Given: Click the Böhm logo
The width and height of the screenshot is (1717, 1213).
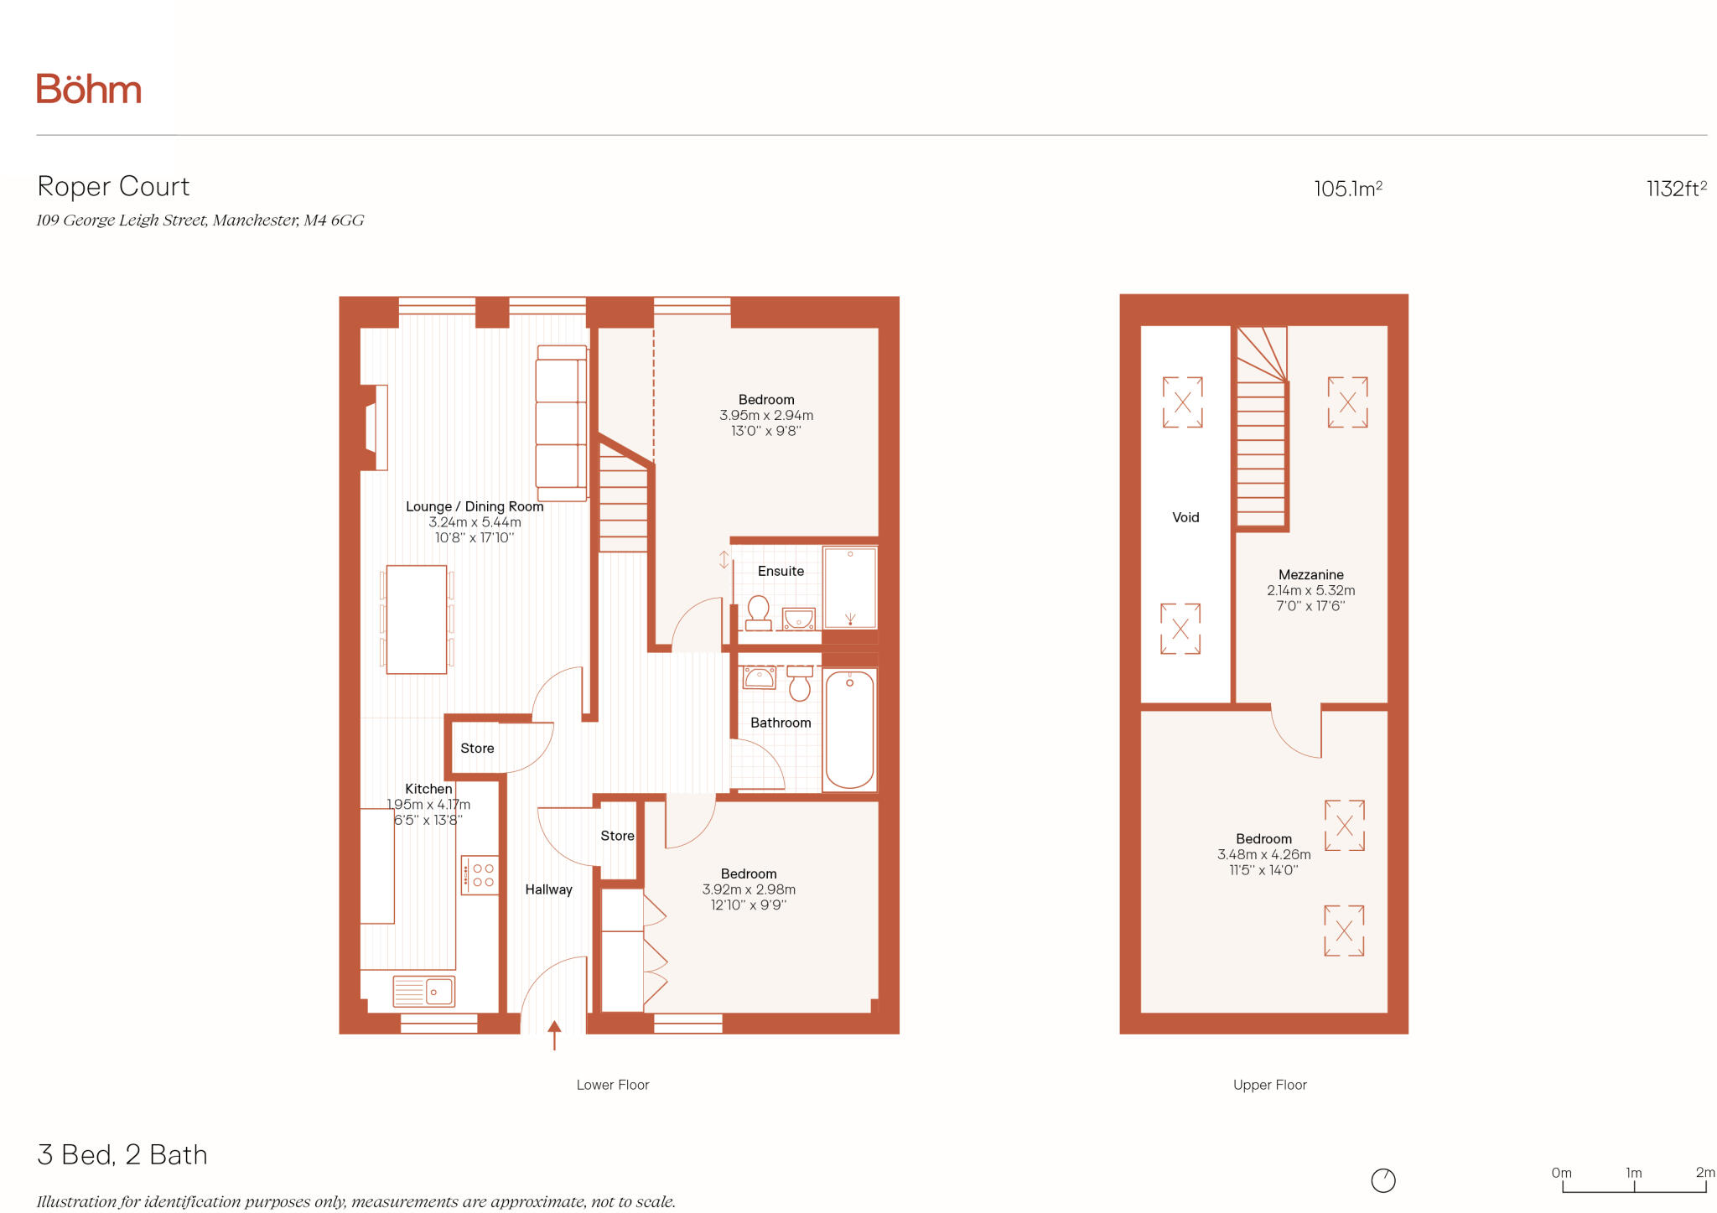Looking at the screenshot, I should (89, 89).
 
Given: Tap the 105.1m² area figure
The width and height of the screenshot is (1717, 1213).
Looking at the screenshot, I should (1347, 189).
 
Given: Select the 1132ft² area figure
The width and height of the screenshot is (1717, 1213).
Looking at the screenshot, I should (1675, 189).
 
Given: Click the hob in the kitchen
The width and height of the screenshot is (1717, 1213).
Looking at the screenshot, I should (480, 874).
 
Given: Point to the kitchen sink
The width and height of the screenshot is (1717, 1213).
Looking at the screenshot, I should (424, 992).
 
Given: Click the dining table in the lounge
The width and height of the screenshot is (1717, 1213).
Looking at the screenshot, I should (416, 619).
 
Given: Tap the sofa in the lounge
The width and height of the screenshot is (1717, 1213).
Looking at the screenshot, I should (560, 423).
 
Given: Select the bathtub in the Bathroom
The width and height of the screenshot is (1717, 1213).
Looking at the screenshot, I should (849, 729).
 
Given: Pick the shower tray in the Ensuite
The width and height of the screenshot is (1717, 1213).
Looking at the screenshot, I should (849, 588).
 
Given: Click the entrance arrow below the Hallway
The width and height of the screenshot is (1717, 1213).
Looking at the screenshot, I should (554, 1034).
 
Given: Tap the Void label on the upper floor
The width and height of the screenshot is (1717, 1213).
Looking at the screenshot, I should (1185, 517).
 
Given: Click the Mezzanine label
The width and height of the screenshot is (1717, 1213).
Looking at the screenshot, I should (1310, 575).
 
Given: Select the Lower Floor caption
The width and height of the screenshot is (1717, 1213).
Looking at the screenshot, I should (612, 1085).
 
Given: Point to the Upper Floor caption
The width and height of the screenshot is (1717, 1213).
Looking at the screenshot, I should (1269, 1085).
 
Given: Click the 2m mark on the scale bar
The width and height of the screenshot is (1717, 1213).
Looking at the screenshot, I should (1704, 1173).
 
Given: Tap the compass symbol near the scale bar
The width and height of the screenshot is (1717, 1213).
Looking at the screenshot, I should (1382, 1180).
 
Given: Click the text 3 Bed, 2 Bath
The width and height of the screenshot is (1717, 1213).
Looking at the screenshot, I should (122, 1154).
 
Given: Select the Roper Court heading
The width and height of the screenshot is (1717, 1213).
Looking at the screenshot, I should (114, 186).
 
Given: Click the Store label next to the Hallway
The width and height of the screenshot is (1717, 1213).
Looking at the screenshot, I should (617, 836).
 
